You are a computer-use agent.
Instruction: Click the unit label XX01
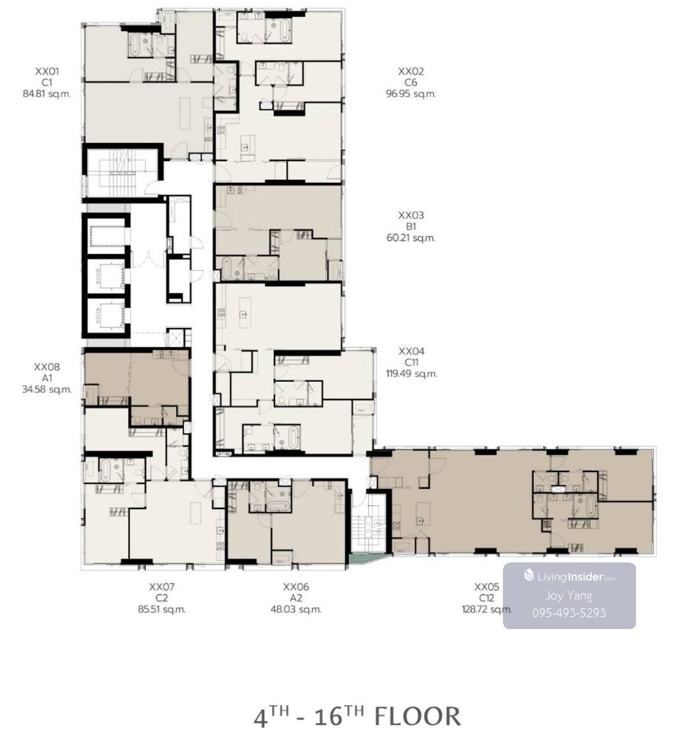tap(47, 72)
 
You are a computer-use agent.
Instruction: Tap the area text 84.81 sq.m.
tap(47, 94)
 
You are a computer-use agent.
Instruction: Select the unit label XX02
tap(410, 72)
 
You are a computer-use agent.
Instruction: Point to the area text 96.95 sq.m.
tap(410, 94)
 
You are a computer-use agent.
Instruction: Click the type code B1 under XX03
tap(410, 226)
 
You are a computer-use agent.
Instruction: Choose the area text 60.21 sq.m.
tap(410, 238)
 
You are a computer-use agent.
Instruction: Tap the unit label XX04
tap(411, 351)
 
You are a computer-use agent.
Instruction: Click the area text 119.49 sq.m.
tap(411, 374)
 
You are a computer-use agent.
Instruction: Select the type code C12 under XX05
tap(487, 599)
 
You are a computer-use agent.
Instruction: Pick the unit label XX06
tap(296, 587)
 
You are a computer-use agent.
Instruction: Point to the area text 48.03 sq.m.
tap(296, 609)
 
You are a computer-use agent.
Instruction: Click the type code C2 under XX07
tap(162, 599)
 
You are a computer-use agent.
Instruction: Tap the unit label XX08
tap(47, 367)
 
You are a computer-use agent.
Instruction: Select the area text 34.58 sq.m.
tap(47, 390)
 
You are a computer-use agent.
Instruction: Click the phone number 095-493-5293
tap(569, 613)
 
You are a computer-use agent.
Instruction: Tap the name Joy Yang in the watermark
tap(569, 596)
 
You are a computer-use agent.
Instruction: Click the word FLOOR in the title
tap(417, 716)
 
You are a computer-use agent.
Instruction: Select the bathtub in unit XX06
tap(279, 506)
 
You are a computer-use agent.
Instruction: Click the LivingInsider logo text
tap(576, 576)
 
